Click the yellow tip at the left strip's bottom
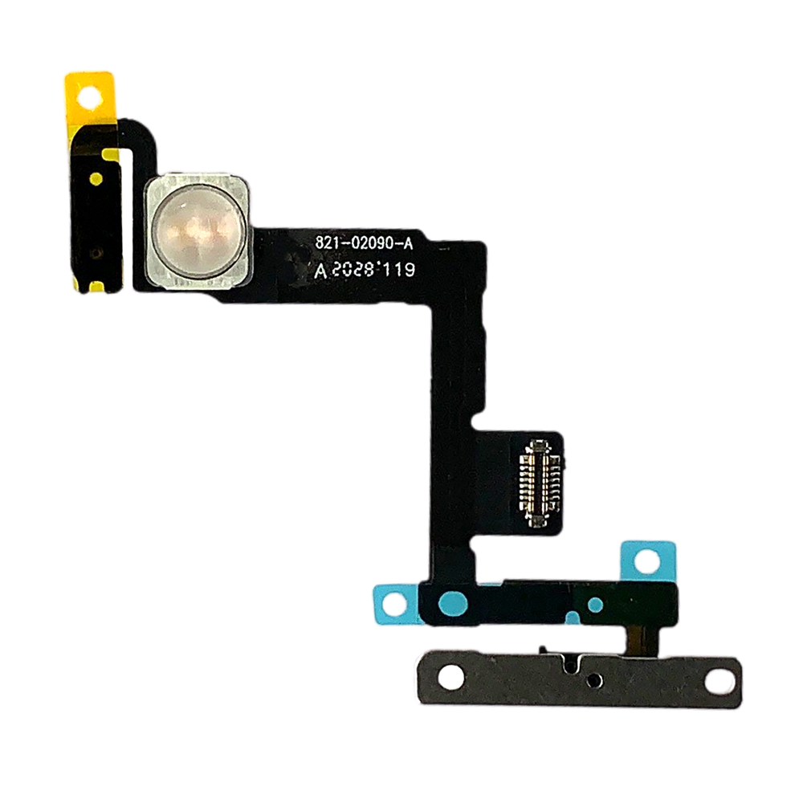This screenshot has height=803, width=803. pyautogui.click(x=91, y=283)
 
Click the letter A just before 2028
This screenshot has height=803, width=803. pyautogui.click(x=320, y=271)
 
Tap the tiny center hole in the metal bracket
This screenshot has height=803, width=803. pyautogui.click(x=593, y=681)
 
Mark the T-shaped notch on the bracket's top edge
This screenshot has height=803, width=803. pyautogui.click(x=571, y=662)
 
